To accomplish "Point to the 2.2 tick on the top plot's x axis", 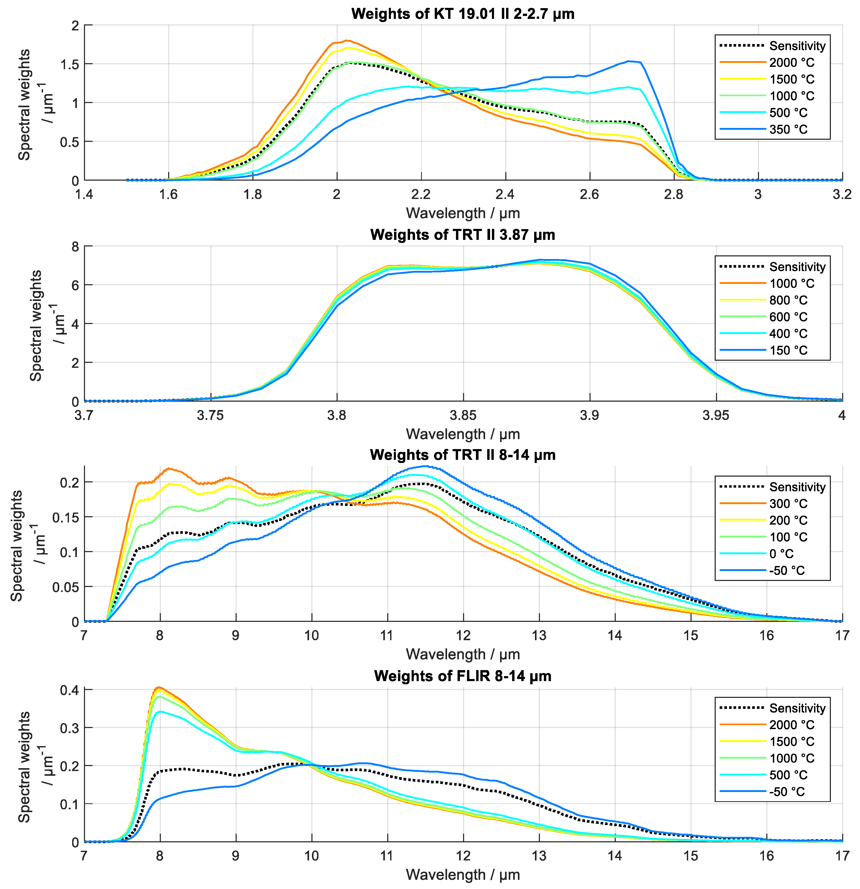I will (x=421, y=194).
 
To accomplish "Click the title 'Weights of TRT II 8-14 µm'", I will (x=463, y=455).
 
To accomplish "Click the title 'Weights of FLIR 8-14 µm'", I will (x=463, y=676).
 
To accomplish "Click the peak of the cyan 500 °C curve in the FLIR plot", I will (x=160, y=712).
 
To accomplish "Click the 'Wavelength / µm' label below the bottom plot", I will (x=463, y=875).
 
